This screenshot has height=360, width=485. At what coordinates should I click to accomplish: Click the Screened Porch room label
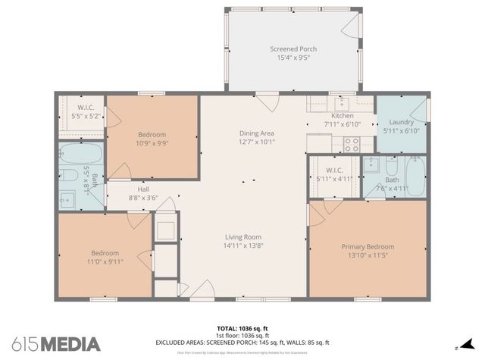pos(293,49)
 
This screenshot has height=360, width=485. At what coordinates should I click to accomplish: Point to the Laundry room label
pos(401,122)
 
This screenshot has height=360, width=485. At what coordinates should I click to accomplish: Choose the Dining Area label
pos(257,132)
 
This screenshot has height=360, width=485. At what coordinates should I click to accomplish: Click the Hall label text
pos(143,189)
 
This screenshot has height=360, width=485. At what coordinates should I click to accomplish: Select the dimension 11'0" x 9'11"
pos(105,261)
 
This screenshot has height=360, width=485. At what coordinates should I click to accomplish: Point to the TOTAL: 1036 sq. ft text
pos(242,327)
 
